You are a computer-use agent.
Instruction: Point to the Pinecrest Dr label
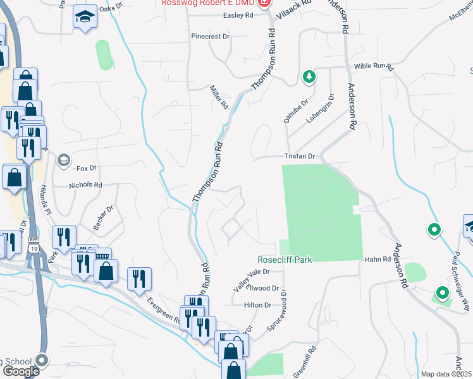pos(211,37)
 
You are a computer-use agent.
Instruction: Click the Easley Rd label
pos(238,15)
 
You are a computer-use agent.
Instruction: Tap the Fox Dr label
pos(86,168)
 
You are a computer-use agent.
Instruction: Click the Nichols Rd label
pos(85,186)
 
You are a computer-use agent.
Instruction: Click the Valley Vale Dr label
pos(251,279)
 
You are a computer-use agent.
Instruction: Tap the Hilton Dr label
pos(257,304)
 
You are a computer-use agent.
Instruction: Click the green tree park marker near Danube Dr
pos(309,76)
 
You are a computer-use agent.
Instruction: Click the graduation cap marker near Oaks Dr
pos(83,18)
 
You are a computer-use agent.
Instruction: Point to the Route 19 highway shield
pos(34,249)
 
